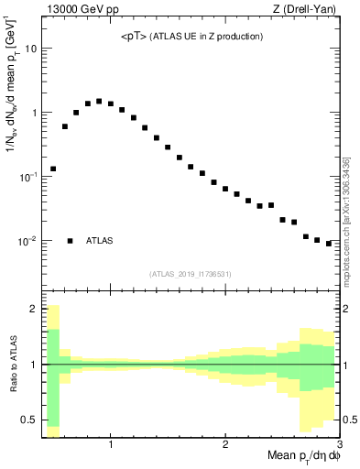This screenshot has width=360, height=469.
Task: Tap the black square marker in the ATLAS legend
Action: point(71,241)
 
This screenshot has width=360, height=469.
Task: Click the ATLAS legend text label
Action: point(100,241)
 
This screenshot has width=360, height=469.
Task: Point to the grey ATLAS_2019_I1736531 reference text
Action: point(190,273)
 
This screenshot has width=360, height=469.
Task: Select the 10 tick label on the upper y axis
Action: point(30,49)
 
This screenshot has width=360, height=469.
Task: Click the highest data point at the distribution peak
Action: point(99,101)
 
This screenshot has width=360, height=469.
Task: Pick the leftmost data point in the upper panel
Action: point(53,169)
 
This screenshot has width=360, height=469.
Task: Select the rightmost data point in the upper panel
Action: point(329,244)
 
